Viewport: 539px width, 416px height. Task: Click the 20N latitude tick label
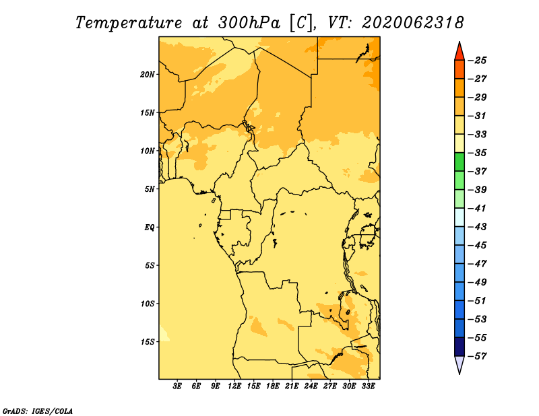coord(148,75)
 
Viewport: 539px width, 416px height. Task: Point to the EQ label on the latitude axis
coord(149,228)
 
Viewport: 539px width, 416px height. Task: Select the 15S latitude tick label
coord(148,342)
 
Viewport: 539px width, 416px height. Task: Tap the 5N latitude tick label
coord(150,189)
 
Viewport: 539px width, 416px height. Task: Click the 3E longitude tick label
coord(177,386)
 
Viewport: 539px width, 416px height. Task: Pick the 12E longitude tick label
coord(234,386)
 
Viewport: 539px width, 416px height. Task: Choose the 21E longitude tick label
coord(292,386)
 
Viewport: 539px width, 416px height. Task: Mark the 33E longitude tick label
coord(368,386)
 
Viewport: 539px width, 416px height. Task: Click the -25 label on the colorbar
coord(477,61)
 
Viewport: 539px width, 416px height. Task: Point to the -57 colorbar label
coord(477,356)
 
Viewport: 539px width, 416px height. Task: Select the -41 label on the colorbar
coord(477,209)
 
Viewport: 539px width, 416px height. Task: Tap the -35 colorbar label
coord(477,153)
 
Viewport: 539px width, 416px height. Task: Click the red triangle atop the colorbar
coord(459,53)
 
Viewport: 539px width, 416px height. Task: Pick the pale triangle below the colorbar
coord(459,363)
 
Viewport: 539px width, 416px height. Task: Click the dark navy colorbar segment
coord(459,347)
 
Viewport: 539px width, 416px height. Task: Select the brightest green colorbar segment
coord(459,162)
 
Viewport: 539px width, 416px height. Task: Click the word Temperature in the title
coord(129,23)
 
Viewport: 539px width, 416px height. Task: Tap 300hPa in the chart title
coord(249,23)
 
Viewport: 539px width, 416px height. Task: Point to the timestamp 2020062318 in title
coord(413,23)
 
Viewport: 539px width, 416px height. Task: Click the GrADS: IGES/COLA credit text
coord(38,411)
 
